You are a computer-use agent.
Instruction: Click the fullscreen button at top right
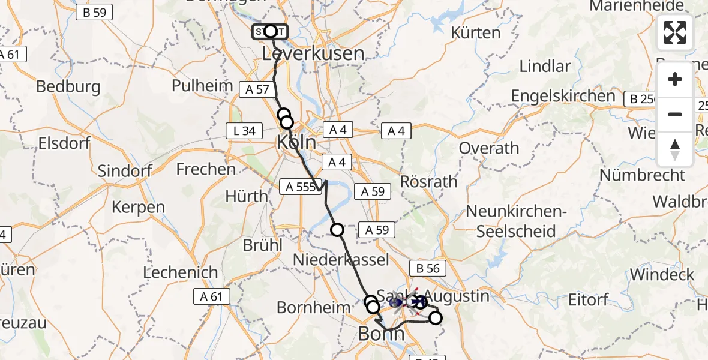[x=675, y=32]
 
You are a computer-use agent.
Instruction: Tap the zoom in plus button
[x=675, y=79]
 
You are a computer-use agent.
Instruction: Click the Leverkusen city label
[x=313, y=54]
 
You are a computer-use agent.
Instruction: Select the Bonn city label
[x=381, y=334]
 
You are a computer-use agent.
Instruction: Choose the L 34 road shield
[x=244, y=130]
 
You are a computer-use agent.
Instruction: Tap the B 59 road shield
[x=94, y=12]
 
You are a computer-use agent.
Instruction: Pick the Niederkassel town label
[x=341, y=259]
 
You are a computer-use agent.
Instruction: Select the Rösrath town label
[x=428, y=181]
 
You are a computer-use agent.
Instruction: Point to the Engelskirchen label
[x=563, y=96]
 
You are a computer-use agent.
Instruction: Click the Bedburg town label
[x=68, y=86]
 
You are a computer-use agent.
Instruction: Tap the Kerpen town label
[x=139, y=208]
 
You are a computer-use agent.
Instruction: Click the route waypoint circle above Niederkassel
[x=337, y=229]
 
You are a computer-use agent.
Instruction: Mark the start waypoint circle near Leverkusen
[x=270, y=31]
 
